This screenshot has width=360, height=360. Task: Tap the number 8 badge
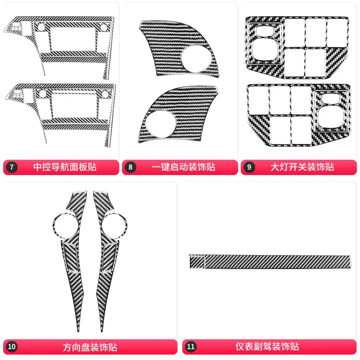click(131, 167)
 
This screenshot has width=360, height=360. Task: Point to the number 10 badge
click(12, 347)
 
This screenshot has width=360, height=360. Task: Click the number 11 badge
click(191, 347)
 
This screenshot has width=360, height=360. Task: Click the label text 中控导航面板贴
click(65, 167)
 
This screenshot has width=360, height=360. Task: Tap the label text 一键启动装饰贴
click(184, 167)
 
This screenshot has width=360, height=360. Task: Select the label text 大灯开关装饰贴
click(302, 167)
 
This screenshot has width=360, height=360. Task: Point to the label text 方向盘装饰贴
click(90, 347)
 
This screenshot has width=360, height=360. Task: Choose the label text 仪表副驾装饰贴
click(267, 347)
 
